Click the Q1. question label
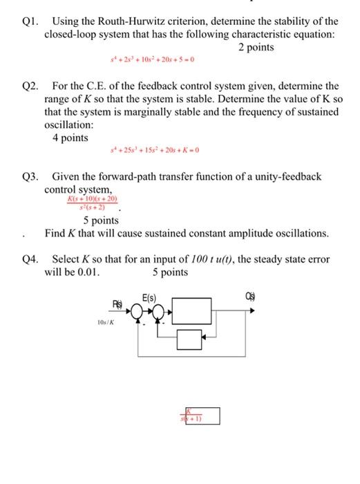[29, 21]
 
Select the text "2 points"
[256, 47]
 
